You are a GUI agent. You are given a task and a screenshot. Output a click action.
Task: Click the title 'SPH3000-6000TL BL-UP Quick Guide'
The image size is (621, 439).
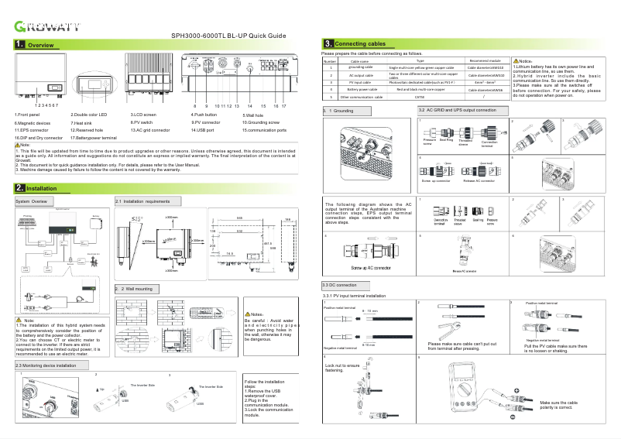tap(228, 36)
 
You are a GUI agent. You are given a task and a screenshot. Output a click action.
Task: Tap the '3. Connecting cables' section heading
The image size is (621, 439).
tap(357, 44)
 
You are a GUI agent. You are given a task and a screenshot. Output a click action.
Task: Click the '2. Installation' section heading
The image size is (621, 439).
tap(36, 188)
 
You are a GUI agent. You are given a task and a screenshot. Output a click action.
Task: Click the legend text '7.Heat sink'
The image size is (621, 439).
tap(84, 122)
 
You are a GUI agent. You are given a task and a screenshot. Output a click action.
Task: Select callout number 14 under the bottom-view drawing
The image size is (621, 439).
tap(249, 105)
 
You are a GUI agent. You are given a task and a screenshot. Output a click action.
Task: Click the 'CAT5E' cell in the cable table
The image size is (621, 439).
tap(420, 97)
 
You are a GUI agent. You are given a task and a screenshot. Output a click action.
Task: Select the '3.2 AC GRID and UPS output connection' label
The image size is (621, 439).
tap(452, 111)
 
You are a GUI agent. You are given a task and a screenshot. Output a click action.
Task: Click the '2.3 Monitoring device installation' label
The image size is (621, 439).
tap(46, 365)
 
